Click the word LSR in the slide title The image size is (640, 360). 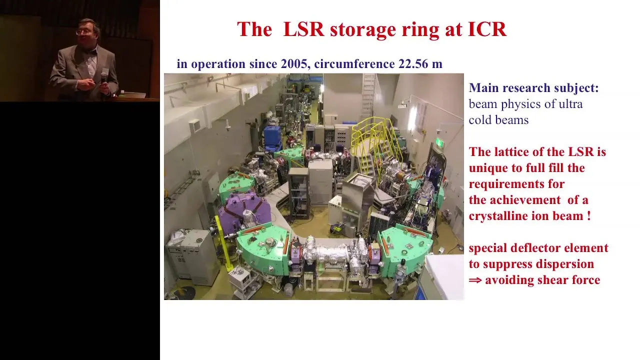click(303, 29)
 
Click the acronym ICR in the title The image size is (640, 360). click(487, 29)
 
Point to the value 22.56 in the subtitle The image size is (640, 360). click(413, 63)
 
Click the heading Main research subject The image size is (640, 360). click(533, 88)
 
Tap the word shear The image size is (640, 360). click(552, 279)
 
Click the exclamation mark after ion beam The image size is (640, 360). click(588, 215)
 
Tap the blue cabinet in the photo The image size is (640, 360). click(272, 138)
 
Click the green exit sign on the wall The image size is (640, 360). click(439, 142)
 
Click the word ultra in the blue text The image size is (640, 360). click(570, 104)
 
